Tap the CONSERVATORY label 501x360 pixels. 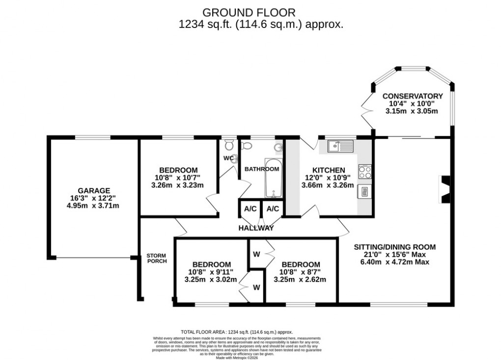click(x=413, y=96)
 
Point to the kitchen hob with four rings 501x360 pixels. click(x=365, y=172)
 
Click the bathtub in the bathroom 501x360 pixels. click(x=273, y=178)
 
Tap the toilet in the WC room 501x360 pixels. click(x=228, y=145)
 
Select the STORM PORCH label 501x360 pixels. click(x=156, y=258)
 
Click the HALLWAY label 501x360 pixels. click(x=256, y=228)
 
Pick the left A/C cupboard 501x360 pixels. click(x=250, y=209)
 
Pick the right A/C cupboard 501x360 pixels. click(x=273, y=209)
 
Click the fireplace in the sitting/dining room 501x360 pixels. click(x=444, y=189)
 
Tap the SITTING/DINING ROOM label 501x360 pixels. click(x=395, y=247)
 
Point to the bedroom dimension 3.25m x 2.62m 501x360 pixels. click(x=300, y=279)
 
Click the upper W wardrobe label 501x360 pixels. click(x=256, y=254)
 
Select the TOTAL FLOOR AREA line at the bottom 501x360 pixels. click(x=237, y=332)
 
